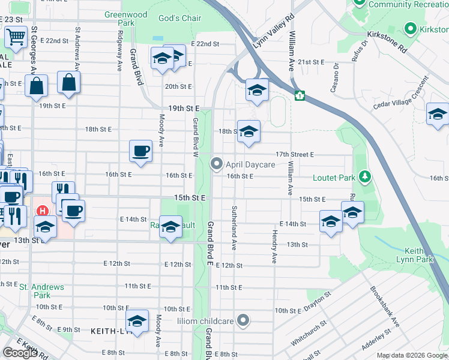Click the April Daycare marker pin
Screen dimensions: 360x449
(x=217, y=164)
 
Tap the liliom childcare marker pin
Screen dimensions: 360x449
(x=243, y=320)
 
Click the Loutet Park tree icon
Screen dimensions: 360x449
(x=364, y=177)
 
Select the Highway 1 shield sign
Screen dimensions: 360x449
(x=298, y=95)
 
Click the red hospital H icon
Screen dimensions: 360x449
(x=43, y=211)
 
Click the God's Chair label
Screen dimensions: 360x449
(x=179, y=18)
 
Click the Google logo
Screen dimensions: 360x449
(x=20, y=353)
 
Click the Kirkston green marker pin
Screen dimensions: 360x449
(x=411, y=28)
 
